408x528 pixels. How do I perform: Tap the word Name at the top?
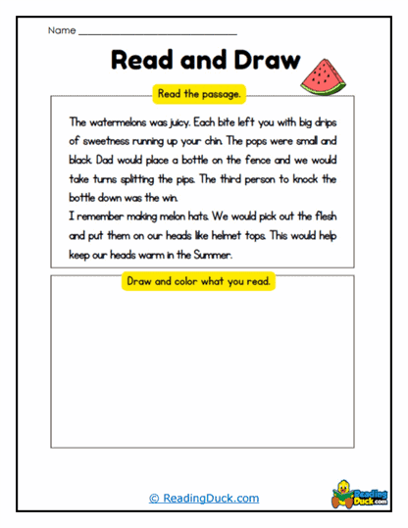point(61,31)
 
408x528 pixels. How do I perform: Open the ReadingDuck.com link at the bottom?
point(204,498)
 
